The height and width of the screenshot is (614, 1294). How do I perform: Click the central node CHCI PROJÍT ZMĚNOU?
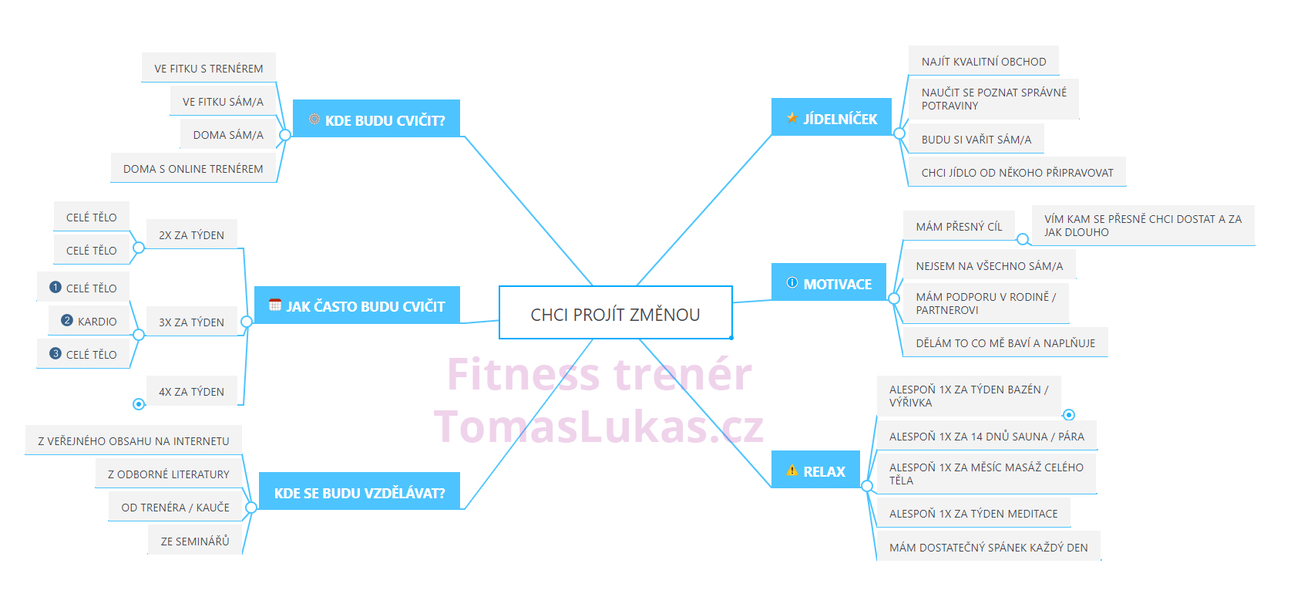click(616, 312)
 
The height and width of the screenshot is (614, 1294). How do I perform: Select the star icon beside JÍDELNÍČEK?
click(792, 118)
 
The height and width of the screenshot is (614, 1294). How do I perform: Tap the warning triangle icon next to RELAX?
click(792, 471)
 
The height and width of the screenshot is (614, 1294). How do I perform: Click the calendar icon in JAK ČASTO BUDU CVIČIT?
click(275, 305)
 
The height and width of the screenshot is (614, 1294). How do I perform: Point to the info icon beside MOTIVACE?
click(792, 283)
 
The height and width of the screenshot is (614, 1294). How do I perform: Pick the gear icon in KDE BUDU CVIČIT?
click(314, 119)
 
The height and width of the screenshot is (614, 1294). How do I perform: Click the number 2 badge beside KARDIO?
click(67, 320)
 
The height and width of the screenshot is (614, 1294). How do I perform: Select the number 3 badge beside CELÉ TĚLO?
click(55, 353)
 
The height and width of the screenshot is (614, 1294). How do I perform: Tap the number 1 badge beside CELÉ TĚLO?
click(55, 287)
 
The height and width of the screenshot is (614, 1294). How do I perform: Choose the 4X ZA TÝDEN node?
click(192, 391)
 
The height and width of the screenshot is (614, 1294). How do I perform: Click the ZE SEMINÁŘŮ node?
click(195, 541)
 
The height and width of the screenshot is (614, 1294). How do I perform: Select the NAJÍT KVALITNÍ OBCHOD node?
click(983, 61)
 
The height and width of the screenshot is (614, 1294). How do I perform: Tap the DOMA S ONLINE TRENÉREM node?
click(193, 168)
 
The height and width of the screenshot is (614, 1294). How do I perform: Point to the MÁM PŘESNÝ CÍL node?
click(959, 226)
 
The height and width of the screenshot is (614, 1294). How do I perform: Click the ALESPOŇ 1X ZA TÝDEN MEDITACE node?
click(973, 513)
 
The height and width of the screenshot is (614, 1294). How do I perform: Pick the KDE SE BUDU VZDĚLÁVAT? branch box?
click(359, 492)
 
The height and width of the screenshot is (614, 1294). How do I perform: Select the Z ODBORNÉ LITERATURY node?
click(169, 474)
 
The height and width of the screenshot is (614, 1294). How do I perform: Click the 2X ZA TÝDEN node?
click(192, 234)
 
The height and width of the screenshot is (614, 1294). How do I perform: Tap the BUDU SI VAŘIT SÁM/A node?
click(976, 140)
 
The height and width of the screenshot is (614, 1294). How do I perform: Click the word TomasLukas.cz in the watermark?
click(599, 427)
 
